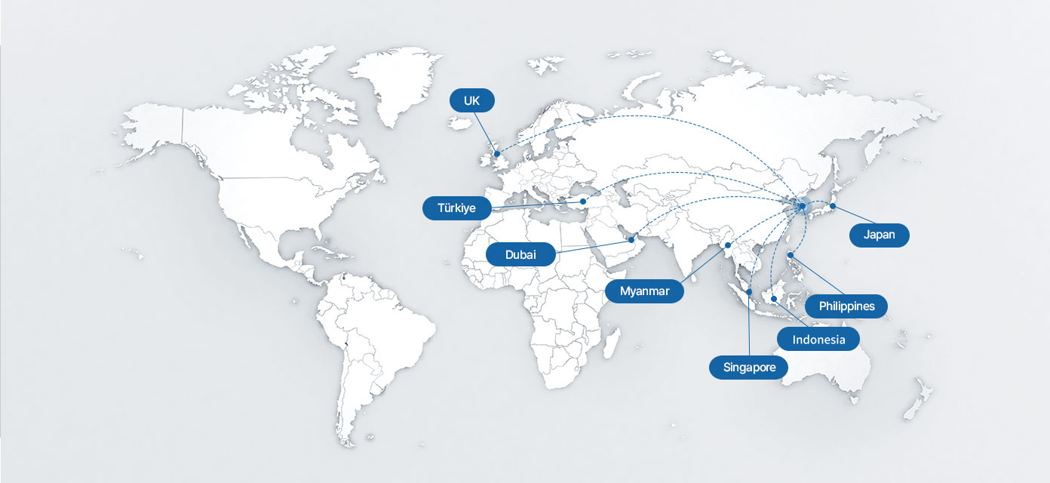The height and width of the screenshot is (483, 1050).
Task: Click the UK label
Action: tap(471, 100)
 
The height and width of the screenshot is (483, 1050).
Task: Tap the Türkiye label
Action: tap(456, 208)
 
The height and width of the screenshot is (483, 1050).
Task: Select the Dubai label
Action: tap(520, 254)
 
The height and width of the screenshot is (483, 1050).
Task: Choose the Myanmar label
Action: tap(644, 291)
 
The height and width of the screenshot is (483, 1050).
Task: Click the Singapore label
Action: tap(748, 368)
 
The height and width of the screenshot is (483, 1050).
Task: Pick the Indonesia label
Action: tap(818, 340)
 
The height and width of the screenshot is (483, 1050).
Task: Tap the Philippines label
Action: tap(846, 306)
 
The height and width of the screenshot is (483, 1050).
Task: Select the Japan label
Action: tap(879, 235)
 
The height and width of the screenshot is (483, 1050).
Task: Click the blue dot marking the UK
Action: tap(497, 154)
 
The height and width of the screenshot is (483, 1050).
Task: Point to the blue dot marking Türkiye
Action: tap(583, 202)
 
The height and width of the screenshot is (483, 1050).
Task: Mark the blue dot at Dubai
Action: tap(631, 239)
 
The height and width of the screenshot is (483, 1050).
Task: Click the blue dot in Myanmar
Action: tap(728, 245)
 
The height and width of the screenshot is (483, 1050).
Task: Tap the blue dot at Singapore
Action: tap(749, 292)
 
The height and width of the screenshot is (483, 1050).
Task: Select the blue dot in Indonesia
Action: tap(774, 299)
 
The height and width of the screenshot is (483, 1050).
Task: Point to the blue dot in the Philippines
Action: tap(790, 255)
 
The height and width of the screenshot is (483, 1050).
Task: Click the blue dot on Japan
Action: tap(833, 206)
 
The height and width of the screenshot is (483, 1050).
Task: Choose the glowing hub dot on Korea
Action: tap(803, 206)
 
